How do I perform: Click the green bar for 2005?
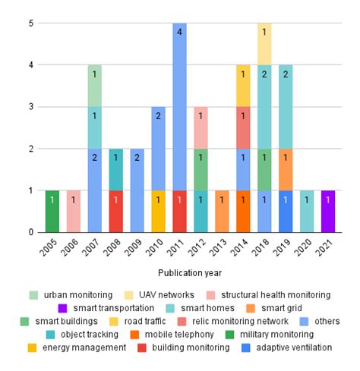tap(52, 211)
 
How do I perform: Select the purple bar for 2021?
tap(328, 211)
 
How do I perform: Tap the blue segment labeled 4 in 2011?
tap(179, 106)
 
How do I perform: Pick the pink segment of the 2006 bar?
tap(73, 211)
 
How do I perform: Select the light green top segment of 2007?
tap(94, 86)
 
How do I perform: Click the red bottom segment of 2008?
tap(115, 211)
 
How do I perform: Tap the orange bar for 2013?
tap(222, 211)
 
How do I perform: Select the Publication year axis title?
tap(190, 272)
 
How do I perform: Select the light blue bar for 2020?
tap(307, 211)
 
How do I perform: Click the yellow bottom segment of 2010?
tap(158, 211)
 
